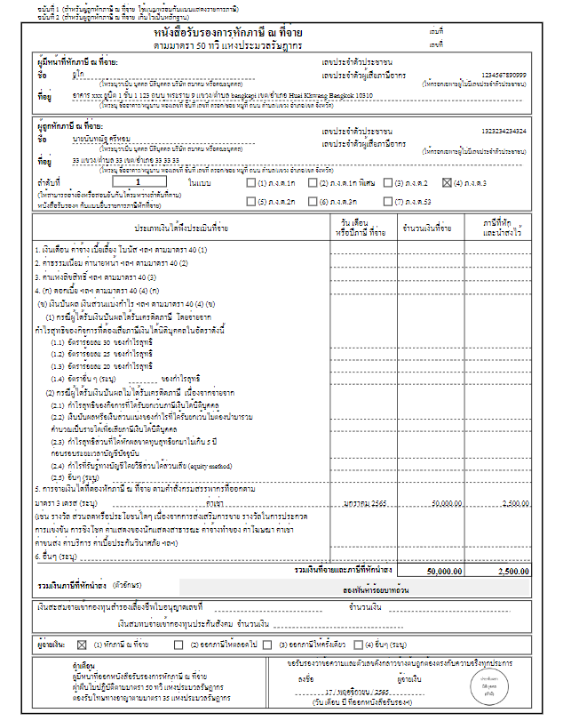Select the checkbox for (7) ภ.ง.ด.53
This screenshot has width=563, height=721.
pos(397,201)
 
